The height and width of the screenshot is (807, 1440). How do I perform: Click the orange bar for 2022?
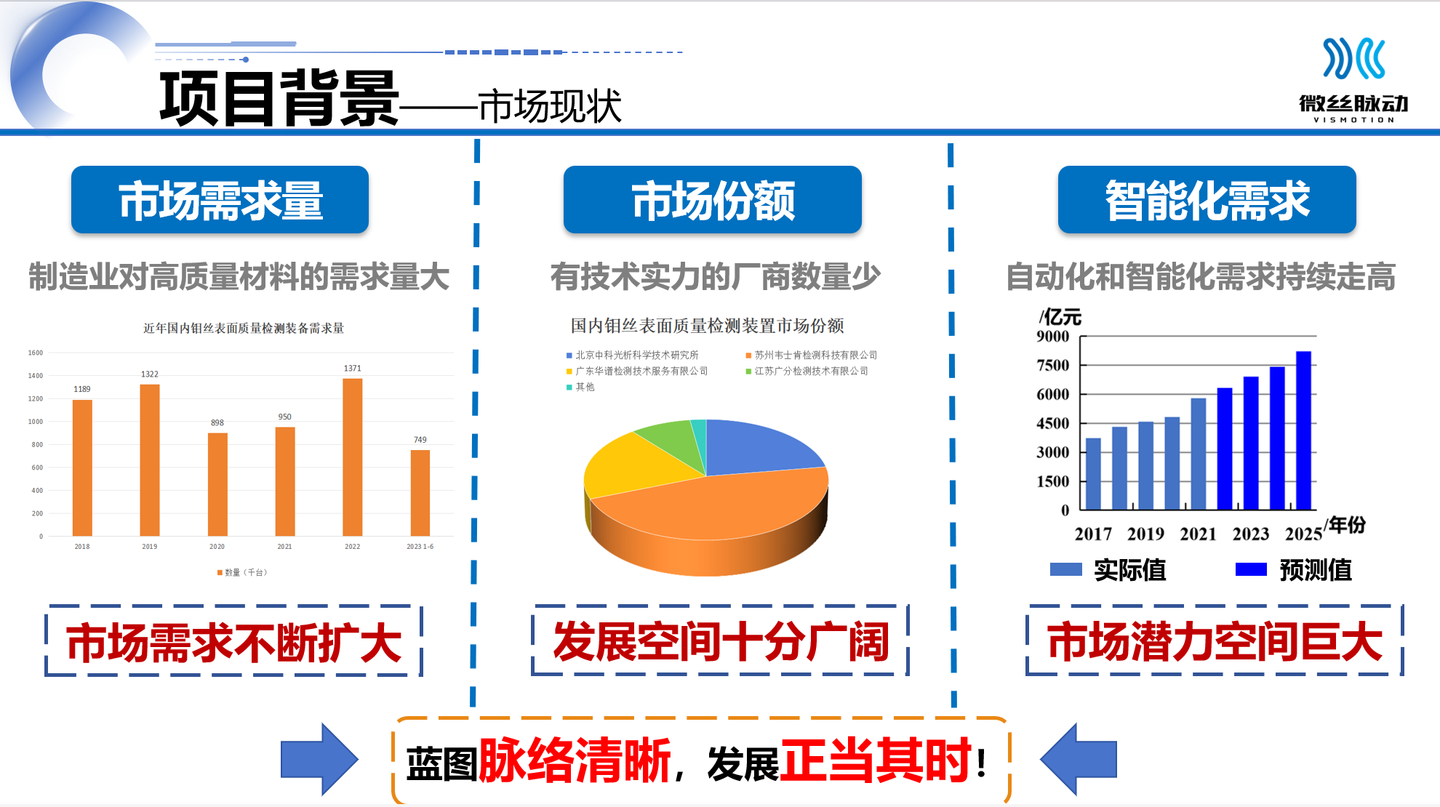click(x=353, y=457)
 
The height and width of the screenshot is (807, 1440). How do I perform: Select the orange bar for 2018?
click(x=82, y=468)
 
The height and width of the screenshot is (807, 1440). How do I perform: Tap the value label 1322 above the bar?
click(x=150, y=374)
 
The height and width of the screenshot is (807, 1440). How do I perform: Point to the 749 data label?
click(x=420, y=440)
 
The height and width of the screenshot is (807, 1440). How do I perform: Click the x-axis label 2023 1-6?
click(x=420, y=547)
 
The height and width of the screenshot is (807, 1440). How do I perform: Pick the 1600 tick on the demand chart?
click(x=36, y=353)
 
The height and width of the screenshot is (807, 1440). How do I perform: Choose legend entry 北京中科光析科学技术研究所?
click(x=632, y=355)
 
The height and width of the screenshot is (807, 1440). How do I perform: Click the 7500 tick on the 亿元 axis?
click(x=1053, y=365)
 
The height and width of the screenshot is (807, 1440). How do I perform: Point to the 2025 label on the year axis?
click(x=1303, y=534)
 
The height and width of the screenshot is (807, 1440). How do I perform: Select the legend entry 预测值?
click(x=1294, y=570)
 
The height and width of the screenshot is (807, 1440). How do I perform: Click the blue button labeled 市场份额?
click(x=713, y=200)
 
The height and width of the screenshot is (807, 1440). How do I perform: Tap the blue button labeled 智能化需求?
click(x=1207, y=200)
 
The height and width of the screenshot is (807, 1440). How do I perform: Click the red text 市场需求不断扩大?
click(x=234, y=643)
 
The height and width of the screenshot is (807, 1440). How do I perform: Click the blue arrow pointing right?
click(x=319, y=759)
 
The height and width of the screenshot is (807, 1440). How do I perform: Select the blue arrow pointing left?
click(x=1079, y=759)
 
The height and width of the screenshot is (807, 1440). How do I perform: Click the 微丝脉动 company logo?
click(x=1354, y=80)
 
